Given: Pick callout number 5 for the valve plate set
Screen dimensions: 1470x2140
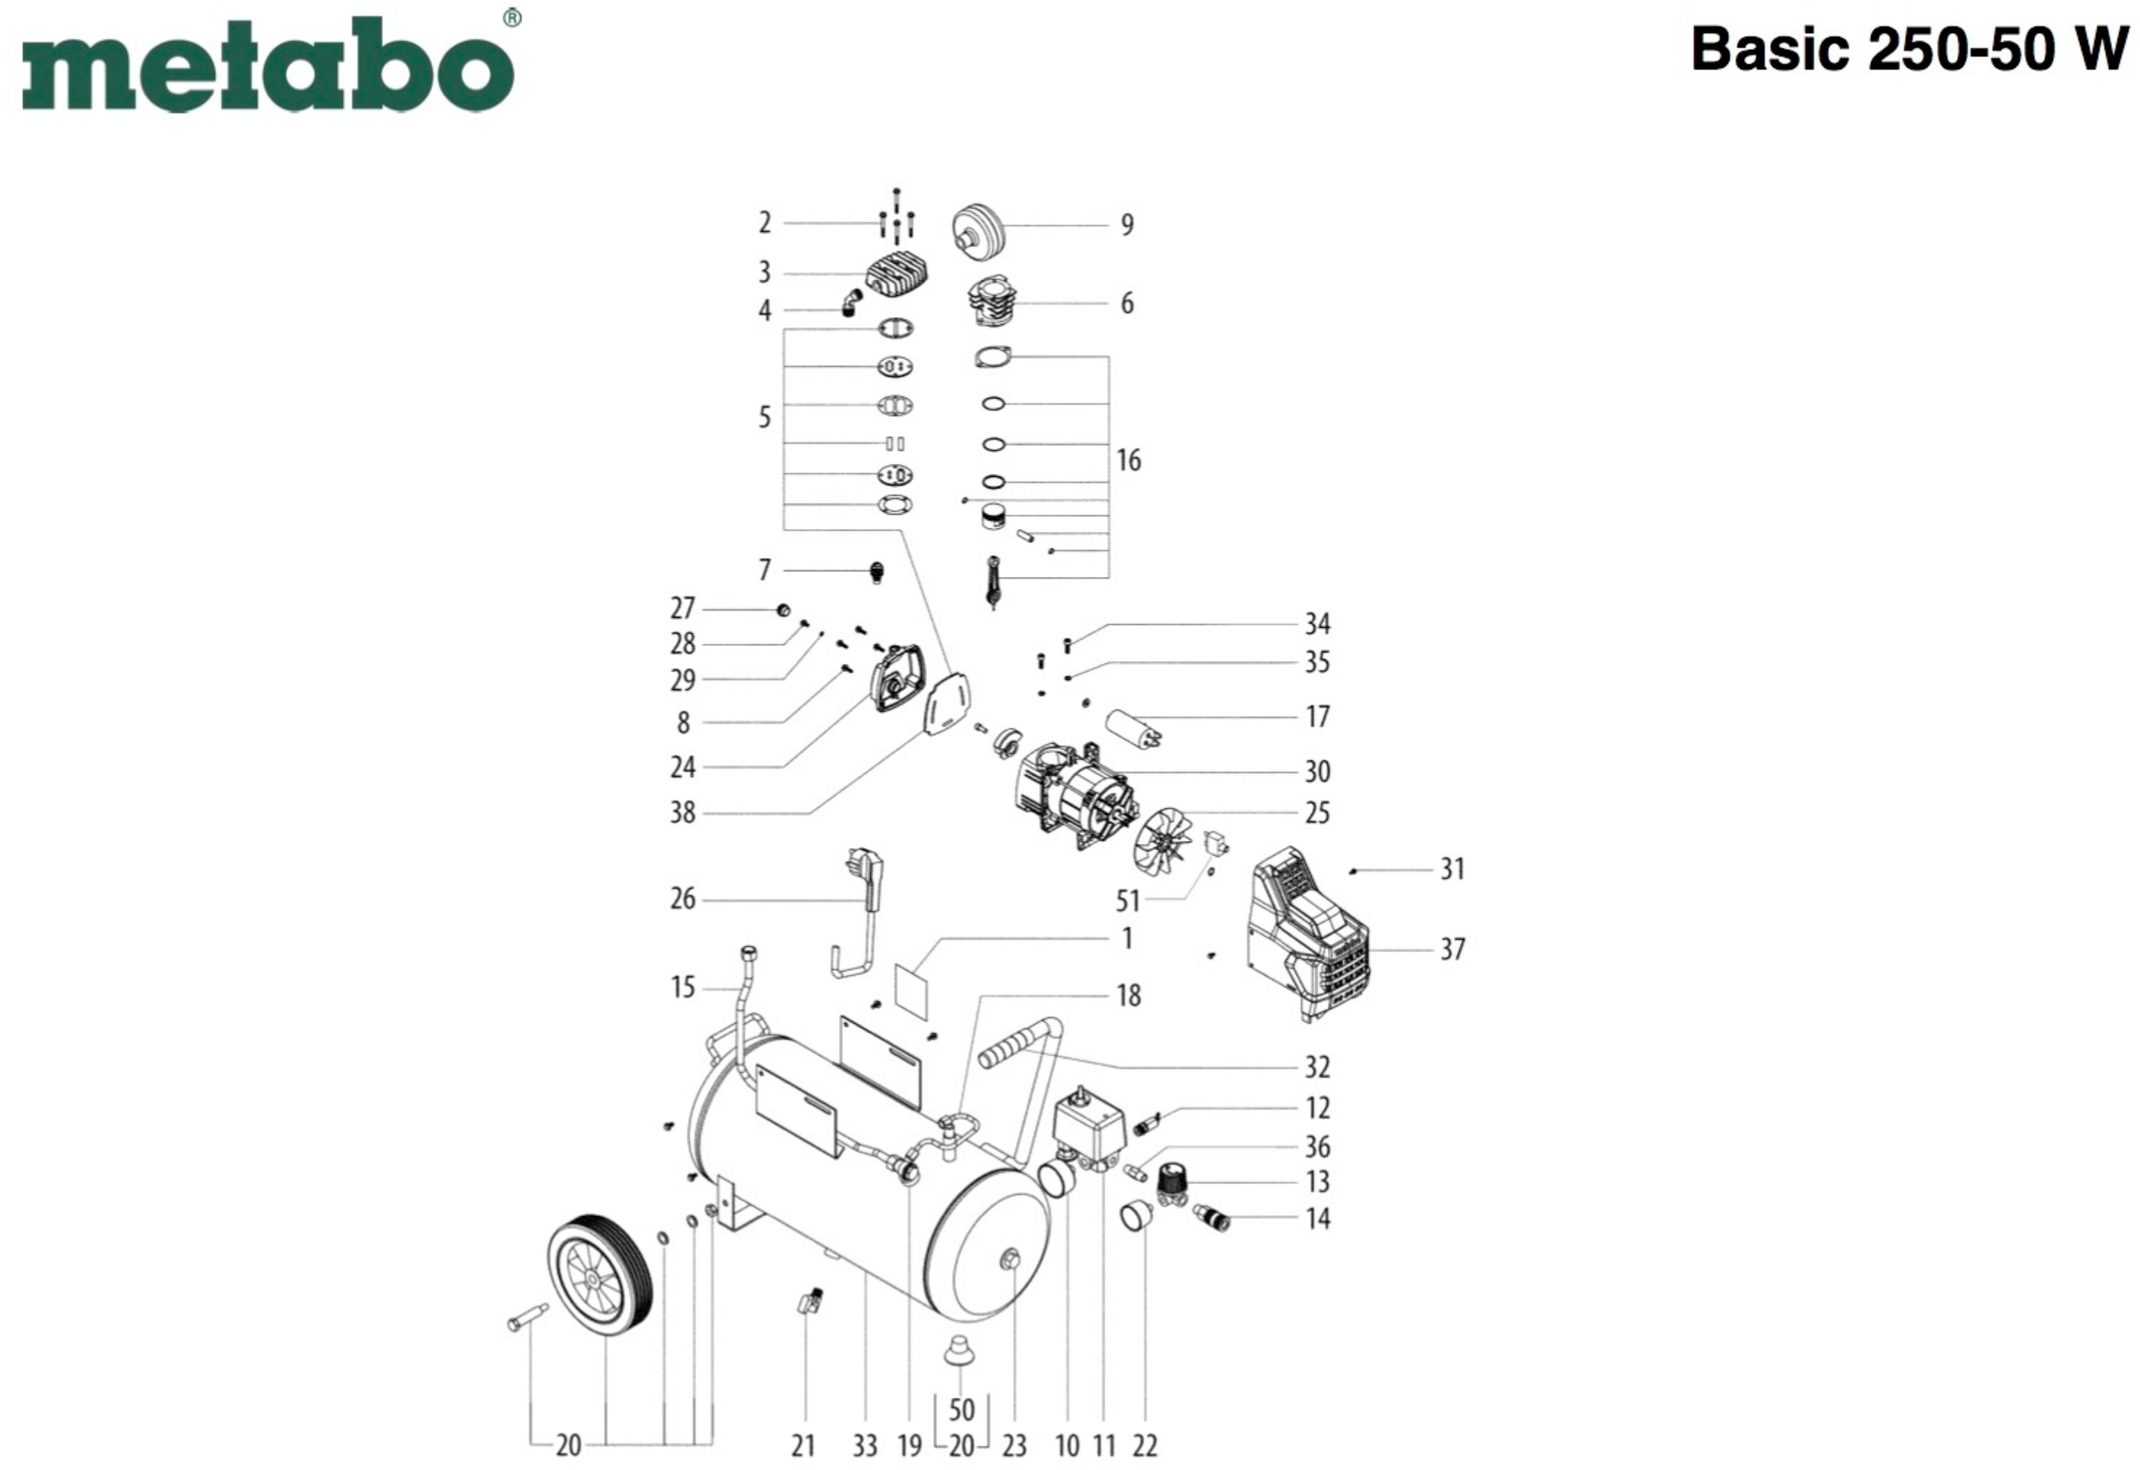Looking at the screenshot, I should tap(764, 417).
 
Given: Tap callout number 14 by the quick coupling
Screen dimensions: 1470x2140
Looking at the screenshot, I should tap(1317, 1218).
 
